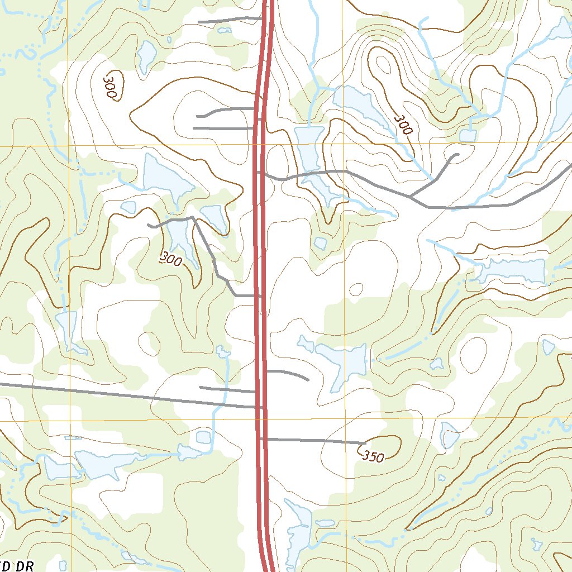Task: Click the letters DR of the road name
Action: click(23, 566)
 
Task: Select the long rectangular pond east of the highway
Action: click(513, 271)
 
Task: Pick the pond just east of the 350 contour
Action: click(449, 435)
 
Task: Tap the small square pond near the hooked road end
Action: click(467, 135)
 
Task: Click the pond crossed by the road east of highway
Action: click(313, 168)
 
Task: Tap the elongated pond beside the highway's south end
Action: click(297, 531)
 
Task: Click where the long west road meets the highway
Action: click(259, 407)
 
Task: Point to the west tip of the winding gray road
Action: click(149, 225)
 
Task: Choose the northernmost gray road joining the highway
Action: click(229, 20)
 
